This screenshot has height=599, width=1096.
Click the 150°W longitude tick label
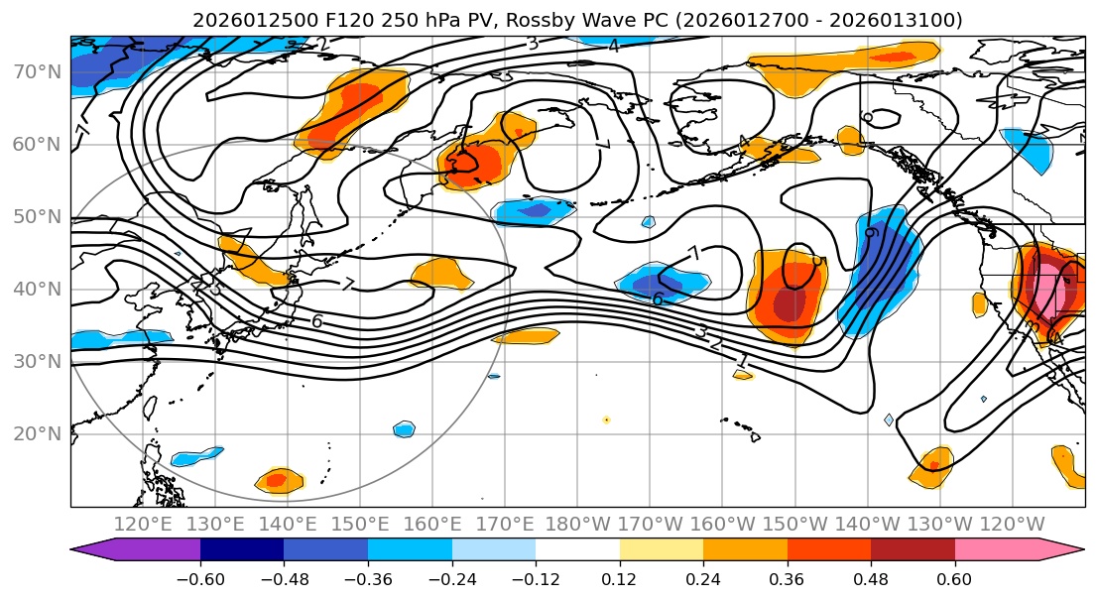pos(793,524)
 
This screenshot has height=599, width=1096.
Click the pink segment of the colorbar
pos(997,551)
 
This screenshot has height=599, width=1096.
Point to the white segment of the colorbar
pos(577,551)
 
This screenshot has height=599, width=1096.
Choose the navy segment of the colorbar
pos(242,551)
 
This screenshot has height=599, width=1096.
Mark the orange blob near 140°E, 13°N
pos(278,481)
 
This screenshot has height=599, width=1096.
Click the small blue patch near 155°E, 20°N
pos(404,429)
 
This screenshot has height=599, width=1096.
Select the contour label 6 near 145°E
pos(317,321)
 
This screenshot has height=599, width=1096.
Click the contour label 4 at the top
pos(614,46)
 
